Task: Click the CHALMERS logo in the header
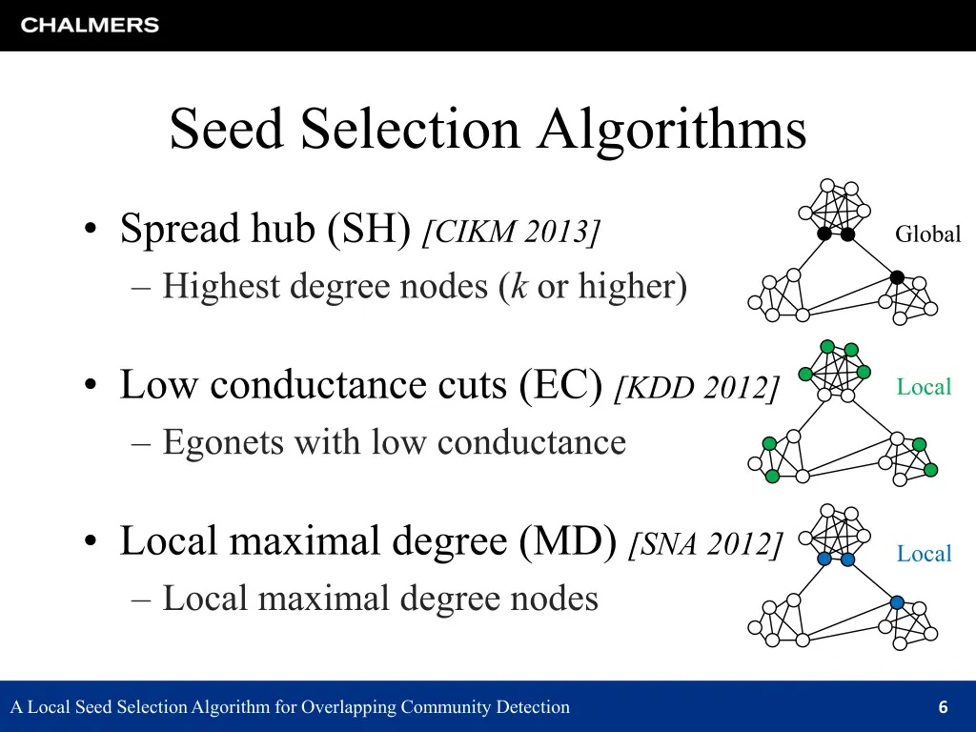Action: click(x=90, y=26)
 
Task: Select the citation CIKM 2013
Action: click(x=512, y=231)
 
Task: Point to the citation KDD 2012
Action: click(x=698, y=387)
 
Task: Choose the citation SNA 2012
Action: click(x=705, y=543)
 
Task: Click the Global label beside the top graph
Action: click(x=927, y=234)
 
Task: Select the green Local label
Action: click(x=924, y=387)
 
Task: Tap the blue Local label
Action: click(x=924, y=554)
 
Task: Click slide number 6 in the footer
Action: click(x=943, y=707)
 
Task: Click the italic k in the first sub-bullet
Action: click(x=518, y=286)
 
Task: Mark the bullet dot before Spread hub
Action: click(x=90, y=231)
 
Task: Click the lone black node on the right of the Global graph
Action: click(x=897, y=277)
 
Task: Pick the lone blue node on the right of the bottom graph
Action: click(x=897, y=602)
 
